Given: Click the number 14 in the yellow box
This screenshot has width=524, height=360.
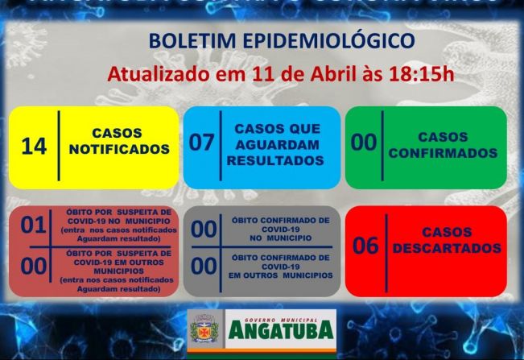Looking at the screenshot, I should click(35, 147).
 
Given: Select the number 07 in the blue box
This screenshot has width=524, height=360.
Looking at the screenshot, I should click(201, 143).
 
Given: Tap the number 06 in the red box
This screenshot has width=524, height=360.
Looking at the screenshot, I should click(365, 246).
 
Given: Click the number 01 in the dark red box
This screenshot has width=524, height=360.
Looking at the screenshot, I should click(33, 226).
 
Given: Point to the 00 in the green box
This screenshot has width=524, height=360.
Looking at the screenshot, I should click(364, 143).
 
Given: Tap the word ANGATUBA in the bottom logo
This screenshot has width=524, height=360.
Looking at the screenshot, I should click(280, 329).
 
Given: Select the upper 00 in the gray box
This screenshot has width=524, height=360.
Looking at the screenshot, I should click(204, 230).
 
